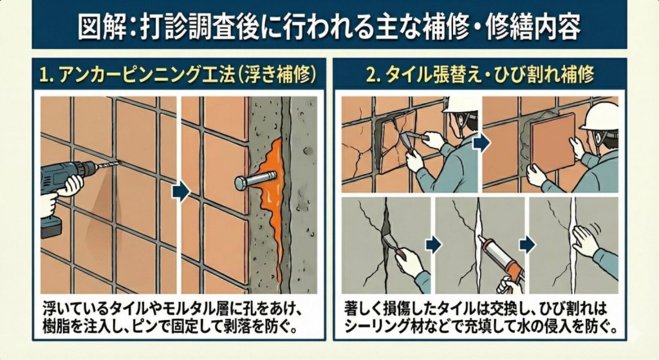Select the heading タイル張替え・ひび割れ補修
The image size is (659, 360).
(490, 75)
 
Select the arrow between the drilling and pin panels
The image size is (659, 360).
(181, 191)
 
